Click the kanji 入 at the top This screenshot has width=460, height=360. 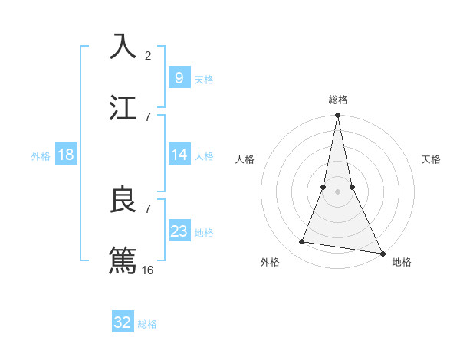[x=123, y=46]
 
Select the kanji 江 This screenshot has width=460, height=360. [x=123, y=106]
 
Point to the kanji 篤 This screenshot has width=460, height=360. [x=123, y=260]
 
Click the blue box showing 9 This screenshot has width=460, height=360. [x=179, y=77]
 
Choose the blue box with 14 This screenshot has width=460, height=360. [x=179, y=155]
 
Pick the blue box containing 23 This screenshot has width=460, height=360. [x=179, y=231]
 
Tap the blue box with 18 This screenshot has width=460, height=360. [x=66, y=155]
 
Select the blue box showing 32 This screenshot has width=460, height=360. [x=122, y=322]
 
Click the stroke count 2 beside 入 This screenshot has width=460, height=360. [x=148, y=55]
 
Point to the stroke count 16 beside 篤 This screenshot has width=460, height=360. [x=149, y=270]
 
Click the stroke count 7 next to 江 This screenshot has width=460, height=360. [x=148, y=116]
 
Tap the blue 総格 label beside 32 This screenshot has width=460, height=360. [x=147, y=324]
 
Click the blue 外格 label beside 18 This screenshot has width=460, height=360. [x=41, y=156]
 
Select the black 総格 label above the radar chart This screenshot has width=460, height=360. [x=337, y=100]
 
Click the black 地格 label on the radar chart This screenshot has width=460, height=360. [x=402, y=262]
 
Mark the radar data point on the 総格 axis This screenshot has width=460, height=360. [x=337, y=116]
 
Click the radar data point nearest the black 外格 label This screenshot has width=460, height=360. [x=302, y=242]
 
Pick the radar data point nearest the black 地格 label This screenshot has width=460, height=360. [x=382, y=252]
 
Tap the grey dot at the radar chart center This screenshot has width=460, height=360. [x=337, y=191]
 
